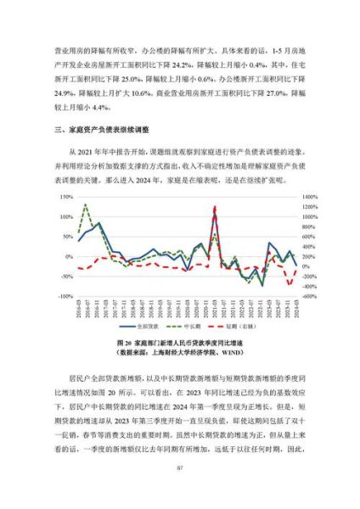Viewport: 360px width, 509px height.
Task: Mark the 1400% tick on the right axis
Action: point(308,196)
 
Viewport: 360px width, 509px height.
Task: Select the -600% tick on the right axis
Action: point(307,297)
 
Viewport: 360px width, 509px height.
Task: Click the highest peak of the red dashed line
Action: point(215,206)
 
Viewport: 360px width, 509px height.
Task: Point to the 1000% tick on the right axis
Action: point(308,216)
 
